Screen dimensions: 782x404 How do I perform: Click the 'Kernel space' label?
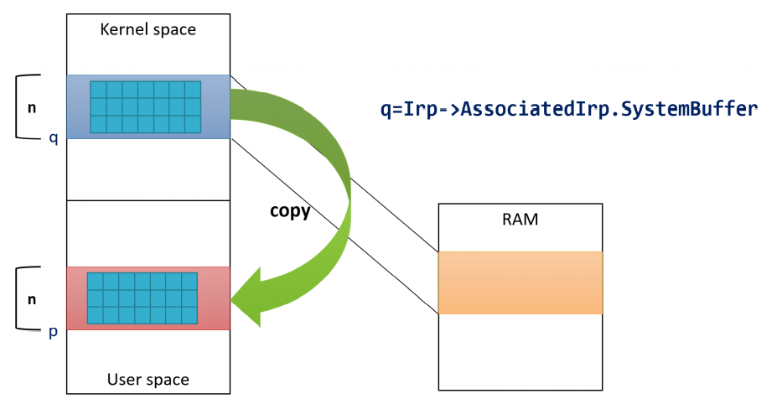point(148,29)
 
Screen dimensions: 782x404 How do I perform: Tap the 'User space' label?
point(148,380)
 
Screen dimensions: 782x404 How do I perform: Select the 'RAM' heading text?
point(520,220)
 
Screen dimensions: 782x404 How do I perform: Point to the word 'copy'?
point(290,211)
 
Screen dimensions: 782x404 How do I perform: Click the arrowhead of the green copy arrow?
point(247,298)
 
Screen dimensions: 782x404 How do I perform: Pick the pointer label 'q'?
point(54,137)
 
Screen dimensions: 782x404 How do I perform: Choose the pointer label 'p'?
point(54,332)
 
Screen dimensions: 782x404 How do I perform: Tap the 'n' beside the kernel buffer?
point(32,108)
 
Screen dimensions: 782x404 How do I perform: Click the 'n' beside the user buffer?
point(32,299)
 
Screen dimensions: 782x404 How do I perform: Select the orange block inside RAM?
point(520,282)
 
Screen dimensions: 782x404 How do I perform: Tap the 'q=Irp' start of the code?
point(408,109)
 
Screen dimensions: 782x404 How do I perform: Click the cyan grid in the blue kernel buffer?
point(146,107)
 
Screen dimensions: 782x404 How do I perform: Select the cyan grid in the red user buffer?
point(142,298)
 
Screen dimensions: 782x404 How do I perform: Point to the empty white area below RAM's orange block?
point(520,352)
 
